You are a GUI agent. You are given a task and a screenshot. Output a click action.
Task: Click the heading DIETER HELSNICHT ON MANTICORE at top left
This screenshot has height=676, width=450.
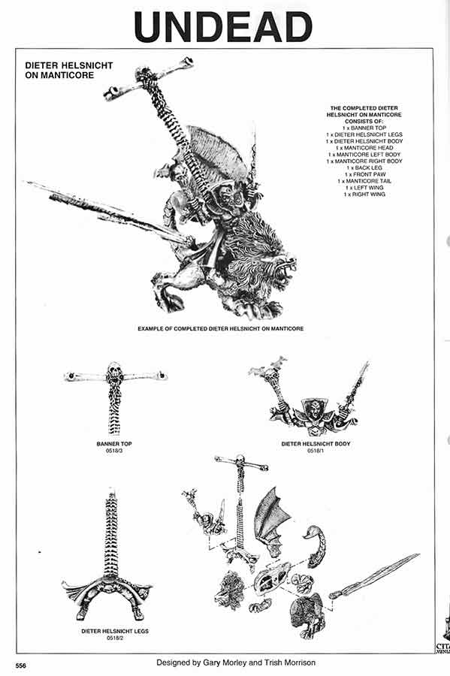point(68,71)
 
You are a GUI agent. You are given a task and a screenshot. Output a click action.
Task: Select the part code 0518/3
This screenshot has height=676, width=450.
point(114,451)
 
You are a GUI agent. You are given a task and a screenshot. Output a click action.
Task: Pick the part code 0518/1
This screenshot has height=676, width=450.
point(316,451)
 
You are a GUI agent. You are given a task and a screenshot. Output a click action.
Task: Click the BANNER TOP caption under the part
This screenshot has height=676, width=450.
point(114,444)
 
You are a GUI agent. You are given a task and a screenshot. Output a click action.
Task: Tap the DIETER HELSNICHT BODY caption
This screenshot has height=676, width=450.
point(316,444)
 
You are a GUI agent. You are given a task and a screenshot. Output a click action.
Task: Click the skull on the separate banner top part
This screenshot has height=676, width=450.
point(113,370)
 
